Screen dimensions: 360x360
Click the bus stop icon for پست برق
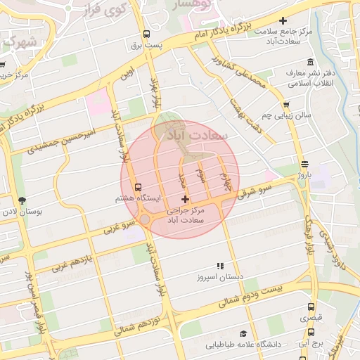coord(146,34)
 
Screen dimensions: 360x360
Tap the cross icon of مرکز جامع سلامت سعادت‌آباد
coord(283,21)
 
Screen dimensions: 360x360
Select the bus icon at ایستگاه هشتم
coord(138,188)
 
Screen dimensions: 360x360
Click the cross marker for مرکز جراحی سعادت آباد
coord(185,200)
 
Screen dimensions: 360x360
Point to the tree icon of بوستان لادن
coord(21,200)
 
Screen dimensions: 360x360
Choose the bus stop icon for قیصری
coord(311,307)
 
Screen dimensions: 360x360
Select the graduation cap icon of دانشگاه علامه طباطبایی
coord(243,333)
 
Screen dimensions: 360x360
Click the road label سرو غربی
coord(119,227)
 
